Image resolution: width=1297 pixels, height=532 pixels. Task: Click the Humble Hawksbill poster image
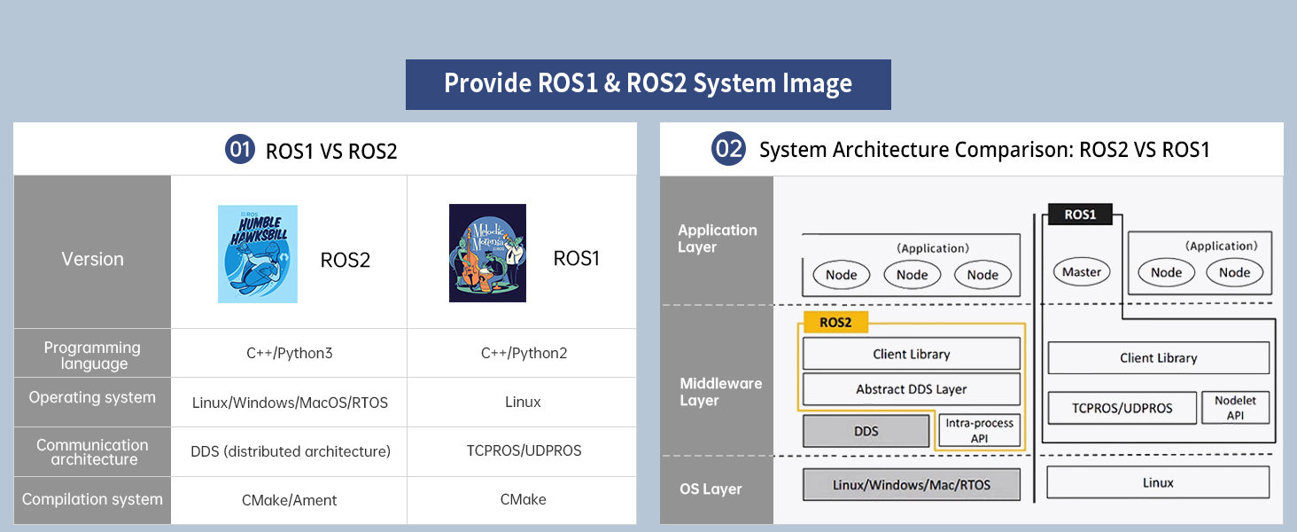tap(258, 254)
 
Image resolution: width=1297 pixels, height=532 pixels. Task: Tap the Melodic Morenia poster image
tap(487, 253)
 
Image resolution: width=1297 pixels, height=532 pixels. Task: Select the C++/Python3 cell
tap(290, 353)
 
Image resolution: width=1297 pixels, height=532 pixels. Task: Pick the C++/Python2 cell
tap(524, 353)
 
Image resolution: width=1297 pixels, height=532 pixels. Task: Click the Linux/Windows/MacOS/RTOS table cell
tap(290, 403)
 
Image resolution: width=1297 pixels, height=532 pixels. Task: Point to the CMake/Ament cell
tap(290, 500)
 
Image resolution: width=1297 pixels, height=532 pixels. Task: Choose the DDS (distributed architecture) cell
tap(290, 451)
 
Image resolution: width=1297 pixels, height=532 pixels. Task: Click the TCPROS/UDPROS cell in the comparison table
tap(524, 450)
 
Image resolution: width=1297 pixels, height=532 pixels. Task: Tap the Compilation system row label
tap(93, 499)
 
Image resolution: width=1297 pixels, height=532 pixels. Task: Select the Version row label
tap(93, 259)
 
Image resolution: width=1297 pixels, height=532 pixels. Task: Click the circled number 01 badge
tap(240, 149)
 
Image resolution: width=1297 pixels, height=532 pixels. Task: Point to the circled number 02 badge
tap(728, 148)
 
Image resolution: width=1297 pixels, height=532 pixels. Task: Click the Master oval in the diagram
tap(1082, 272)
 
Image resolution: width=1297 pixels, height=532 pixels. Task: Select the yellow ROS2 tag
tap(835, 322)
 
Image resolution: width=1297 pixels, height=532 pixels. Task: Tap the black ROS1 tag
tap(1080, 215)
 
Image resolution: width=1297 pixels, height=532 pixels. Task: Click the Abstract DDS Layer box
tap(912, 389)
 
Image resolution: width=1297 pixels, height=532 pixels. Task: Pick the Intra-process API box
tap(979, 431)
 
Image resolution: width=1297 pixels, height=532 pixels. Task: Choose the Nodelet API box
tap(1235, 407)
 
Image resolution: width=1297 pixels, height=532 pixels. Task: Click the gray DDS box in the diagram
tap(866, 431)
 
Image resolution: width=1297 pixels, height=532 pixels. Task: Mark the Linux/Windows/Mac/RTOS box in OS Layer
tap(912, 484)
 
